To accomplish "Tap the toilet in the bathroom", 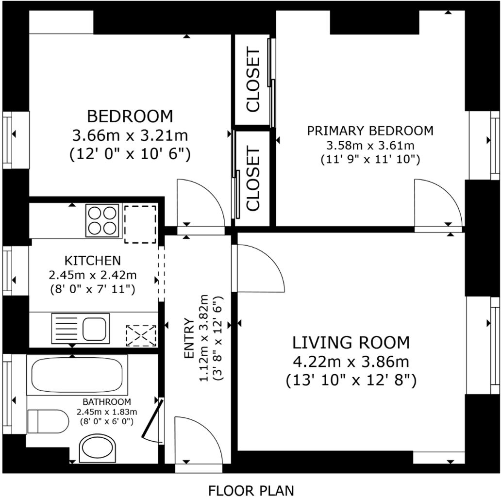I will [48, 421].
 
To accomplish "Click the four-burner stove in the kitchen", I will [102, 221].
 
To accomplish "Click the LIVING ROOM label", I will [351, 343].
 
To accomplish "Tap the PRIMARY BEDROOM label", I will [370, 131].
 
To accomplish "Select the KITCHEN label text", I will [93, 260].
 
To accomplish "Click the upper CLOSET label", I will [253, 80].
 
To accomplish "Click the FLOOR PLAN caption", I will [251, 490].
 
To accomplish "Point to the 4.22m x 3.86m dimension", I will [351, 362].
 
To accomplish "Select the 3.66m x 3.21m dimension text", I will [130, 135].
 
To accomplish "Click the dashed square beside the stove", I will [140, 224].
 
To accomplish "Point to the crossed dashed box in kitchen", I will [141, 335].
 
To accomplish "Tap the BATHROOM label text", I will [106, 402].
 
